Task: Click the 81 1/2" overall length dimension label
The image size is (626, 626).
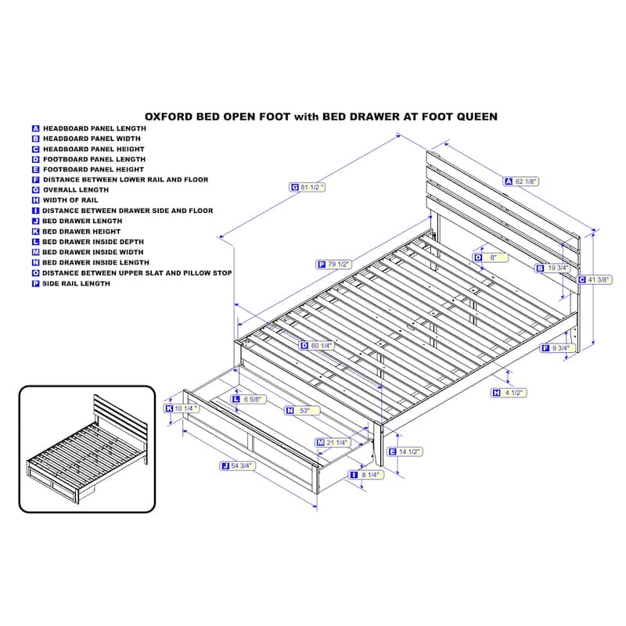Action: click(307, 187)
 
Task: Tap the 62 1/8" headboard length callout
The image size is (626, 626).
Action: click(521, 182)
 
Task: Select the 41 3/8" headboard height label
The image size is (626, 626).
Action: click(595, 280)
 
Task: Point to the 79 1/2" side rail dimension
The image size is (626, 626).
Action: click(334, 264)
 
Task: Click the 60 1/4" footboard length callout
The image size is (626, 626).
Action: click(317, 345)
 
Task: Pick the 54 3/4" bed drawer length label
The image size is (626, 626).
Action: click(238, 466)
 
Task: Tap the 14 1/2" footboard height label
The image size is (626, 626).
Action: click(405, 452)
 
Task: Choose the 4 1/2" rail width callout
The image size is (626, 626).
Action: click(509, 393)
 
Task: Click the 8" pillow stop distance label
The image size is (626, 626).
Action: click(491, 257)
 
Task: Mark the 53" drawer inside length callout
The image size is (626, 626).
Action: click(302, 410)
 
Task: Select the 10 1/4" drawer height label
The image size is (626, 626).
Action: click(182, 408)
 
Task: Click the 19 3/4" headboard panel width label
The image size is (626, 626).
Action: click(553, 268)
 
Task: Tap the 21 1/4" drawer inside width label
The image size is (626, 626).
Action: click(333, 442)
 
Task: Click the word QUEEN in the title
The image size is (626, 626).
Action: click(477, 117)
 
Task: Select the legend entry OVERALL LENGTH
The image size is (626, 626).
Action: click(76, 190)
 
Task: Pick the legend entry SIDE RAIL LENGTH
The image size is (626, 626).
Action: click(76, 283)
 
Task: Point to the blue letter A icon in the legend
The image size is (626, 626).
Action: click(35, 128)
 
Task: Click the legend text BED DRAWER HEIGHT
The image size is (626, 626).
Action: click(81, 232)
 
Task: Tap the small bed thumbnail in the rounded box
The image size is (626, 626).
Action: click(87, 448)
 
